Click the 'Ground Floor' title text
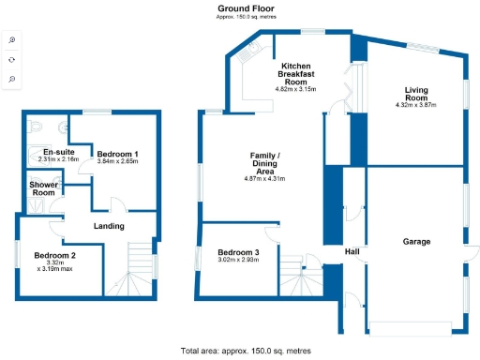pos(239,7)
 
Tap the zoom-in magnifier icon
pos(11,39)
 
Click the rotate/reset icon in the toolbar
pos(11,59)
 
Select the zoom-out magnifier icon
pos(11,79)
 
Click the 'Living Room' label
pos(416,94)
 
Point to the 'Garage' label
pos(416,241)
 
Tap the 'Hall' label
pos(352,251)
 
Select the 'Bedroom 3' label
pos(238,252)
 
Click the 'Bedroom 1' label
pos(118,153)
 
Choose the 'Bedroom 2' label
pos(54,255)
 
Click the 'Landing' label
pos(109,225)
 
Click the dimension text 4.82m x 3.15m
pos(295,89)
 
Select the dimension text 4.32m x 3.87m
pos(416,105)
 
